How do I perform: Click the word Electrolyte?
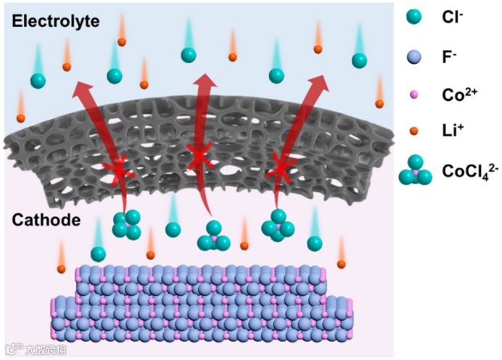tap(55, 22)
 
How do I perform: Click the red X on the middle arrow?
tap(199, 156)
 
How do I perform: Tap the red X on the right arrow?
tap(280, 169)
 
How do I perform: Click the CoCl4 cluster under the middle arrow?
tap(213, 237)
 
